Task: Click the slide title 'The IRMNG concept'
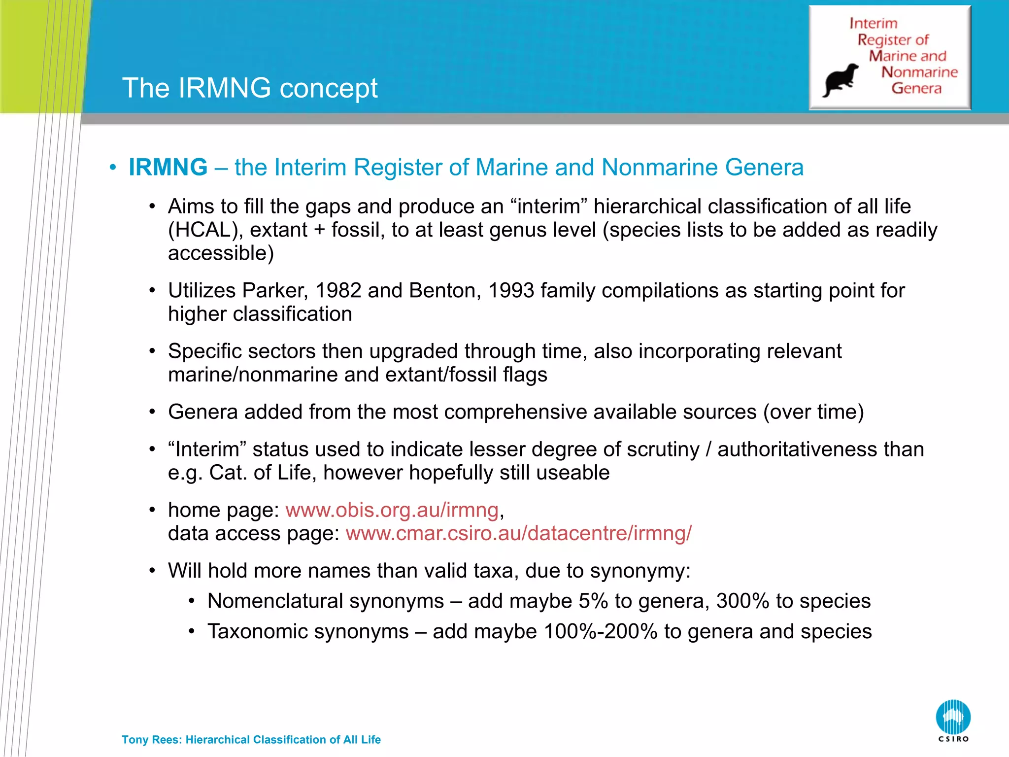pos(250,88)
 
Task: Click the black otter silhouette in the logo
pos(840,80)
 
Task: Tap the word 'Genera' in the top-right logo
pos(916,88)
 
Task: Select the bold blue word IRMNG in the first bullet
pos(168,168)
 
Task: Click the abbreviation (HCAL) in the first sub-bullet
pos(200,230)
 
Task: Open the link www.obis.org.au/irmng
pos(392,510)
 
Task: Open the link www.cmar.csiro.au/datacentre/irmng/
pos(518,533)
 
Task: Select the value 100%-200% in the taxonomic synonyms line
pos(601,632)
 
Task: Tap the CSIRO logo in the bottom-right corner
pos(953,720)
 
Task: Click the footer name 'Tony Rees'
pos(151,740)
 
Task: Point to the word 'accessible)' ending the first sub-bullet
pos(221,253)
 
